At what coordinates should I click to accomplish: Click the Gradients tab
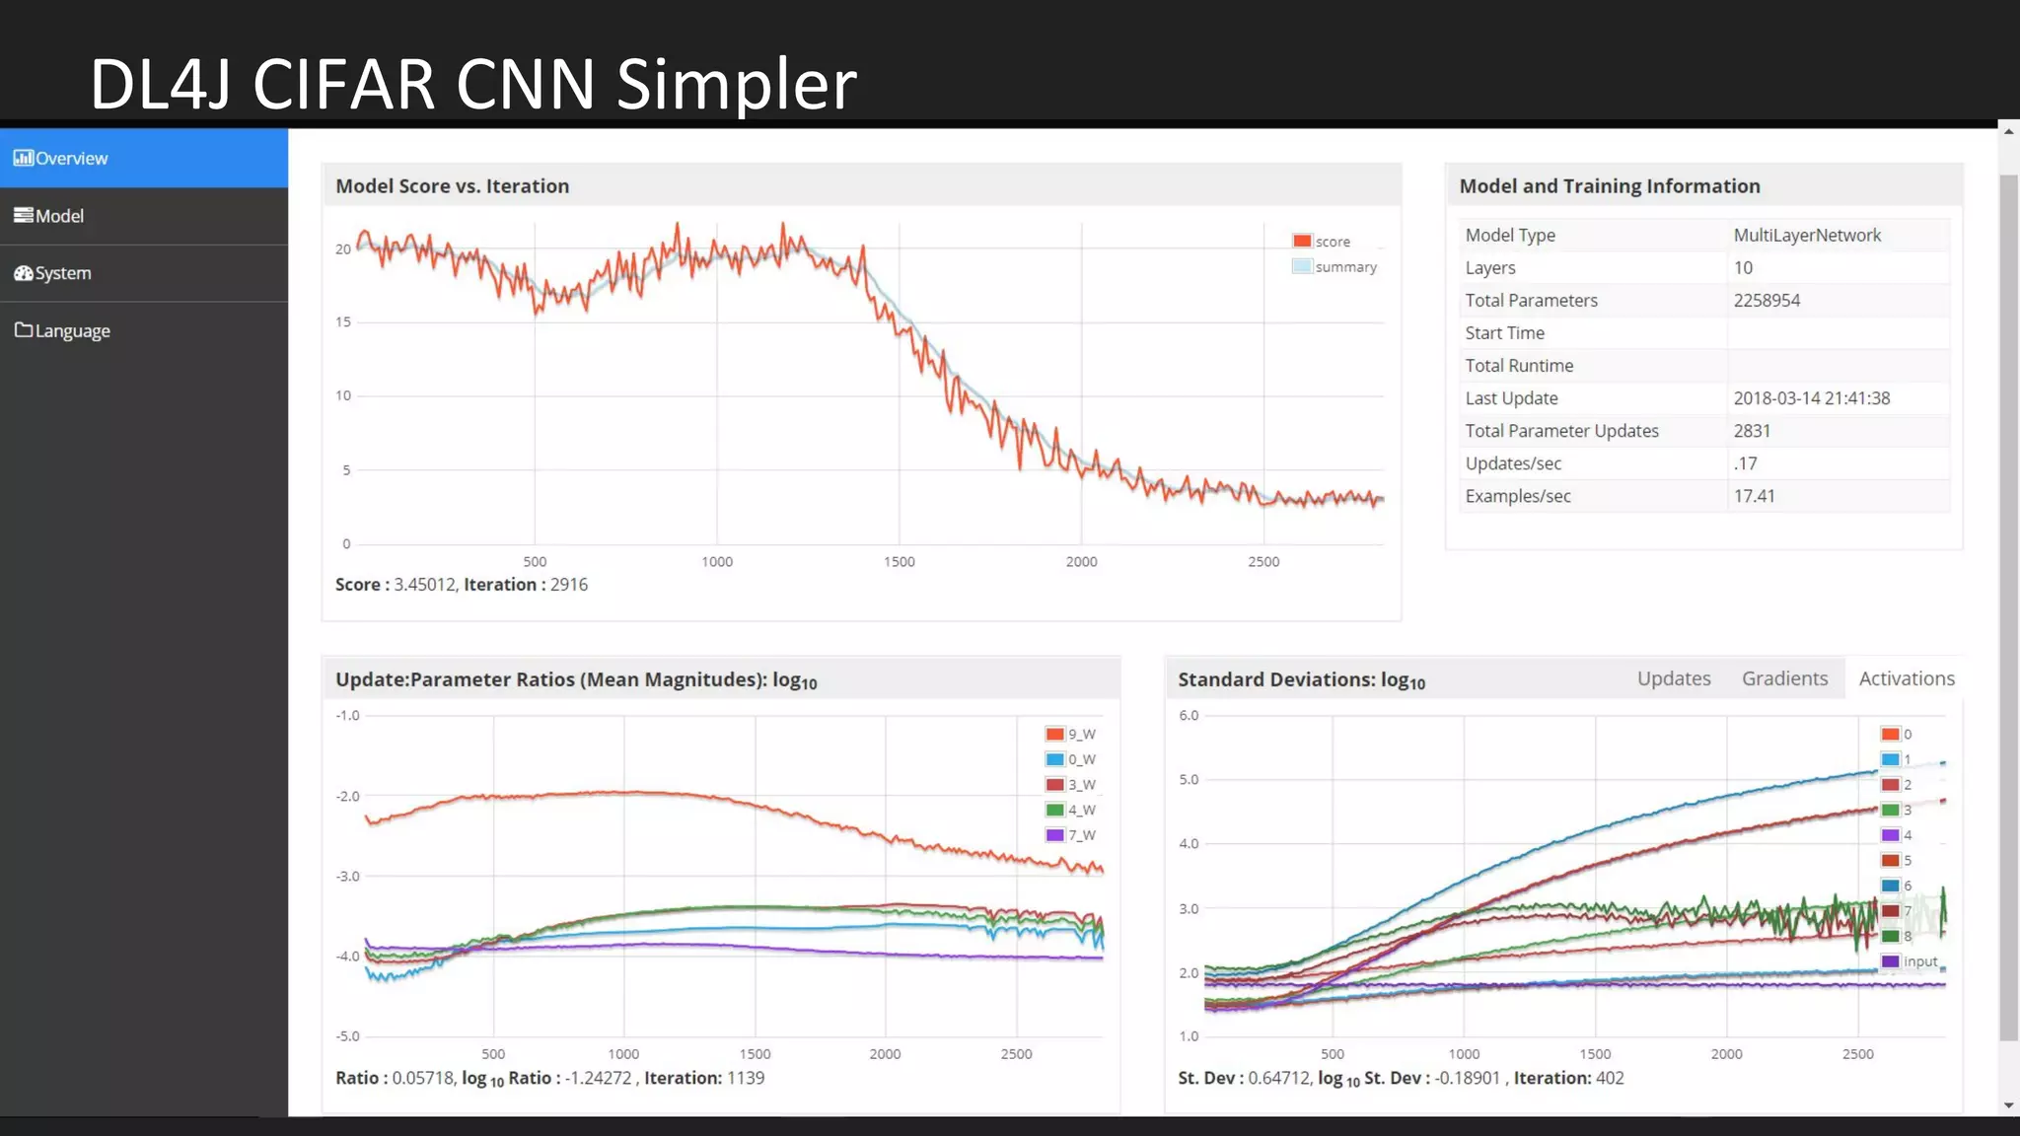(1784, 678)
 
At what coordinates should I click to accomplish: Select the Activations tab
(1906, 678)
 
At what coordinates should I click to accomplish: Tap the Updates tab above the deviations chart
(1674, 678)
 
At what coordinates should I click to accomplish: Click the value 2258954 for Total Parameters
(1767, 301)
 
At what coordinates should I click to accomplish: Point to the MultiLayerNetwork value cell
(1807, 236)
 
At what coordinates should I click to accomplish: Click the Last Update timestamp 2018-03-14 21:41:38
(1811, 398)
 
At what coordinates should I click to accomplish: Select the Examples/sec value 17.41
(1754, 496)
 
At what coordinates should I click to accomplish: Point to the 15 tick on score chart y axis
(343, 322)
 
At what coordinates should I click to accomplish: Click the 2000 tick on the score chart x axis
(1081, 562)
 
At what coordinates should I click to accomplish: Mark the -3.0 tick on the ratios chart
(347, 877)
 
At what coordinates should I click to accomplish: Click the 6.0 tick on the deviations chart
(1189, 716)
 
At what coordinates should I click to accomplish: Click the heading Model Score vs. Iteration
(452, 186)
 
